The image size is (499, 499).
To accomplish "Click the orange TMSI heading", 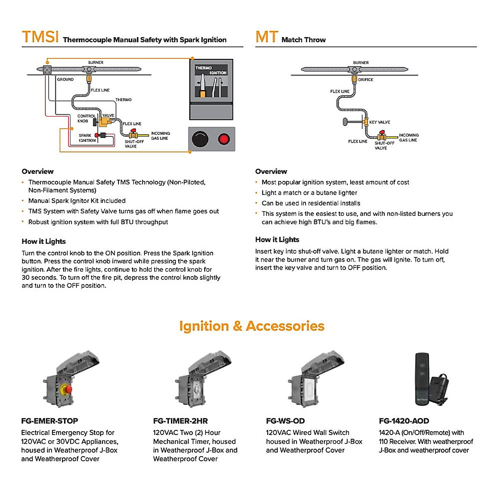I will (40, 37).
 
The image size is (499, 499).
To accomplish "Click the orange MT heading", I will (266, 37).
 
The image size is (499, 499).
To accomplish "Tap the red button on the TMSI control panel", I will (224, 139).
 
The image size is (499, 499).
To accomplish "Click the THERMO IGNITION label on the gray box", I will (211, 70).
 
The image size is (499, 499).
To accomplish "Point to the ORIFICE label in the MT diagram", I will (366, 79).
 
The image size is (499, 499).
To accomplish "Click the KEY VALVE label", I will (379, 122).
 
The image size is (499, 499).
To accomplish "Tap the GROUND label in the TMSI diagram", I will (65, 79).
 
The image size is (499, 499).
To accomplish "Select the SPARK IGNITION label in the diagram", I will (86, 138).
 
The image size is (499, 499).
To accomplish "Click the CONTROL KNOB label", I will (86, 119).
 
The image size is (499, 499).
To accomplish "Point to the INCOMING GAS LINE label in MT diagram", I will (408, 138).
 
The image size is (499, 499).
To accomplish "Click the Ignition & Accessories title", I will (252, 326).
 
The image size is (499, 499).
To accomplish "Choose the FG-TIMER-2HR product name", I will (180, 421).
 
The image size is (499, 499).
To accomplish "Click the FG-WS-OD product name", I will (285, 421).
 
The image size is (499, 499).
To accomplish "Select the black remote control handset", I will (422, 378).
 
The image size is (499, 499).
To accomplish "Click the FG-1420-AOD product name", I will (404, 421).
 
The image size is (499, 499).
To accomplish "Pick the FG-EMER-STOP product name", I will (49, 421).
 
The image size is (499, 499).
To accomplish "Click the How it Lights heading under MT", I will (277, 240).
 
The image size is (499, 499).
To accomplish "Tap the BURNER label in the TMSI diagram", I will (96, 63).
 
